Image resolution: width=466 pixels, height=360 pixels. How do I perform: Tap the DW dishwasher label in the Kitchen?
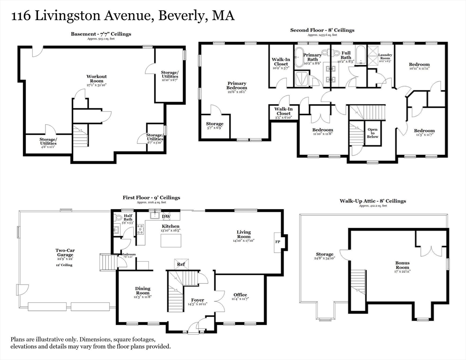click(x=165, y=217)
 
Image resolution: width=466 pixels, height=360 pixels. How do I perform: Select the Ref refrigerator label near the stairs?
click(x=180, y=264)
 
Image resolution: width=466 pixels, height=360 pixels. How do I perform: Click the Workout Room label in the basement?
click(x=97, y=79)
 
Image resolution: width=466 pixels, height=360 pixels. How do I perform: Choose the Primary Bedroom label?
click(x=236, y=86)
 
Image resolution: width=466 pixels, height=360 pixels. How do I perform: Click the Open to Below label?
click(x=372, y=134)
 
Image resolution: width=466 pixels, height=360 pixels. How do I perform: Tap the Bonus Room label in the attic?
click(x=402, y=266)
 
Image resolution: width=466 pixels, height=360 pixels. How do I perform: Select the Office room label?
click(x=240, y=295)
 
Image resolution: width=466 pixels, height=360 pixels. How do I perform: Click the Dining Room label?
click(x=143, y=291)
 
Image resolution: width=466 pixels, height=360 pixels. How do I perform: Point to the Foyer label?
click(x=197, y=300)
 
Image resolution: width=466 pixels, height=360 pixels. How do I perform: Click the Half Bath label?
click(x=128, y=217)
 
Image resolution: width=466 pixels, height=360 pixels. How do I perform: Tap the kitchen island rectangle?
click(x=171, y=240)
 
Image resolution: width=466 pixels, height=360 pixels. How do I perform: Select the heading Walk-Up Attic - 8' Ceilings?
click(x=373, y=201)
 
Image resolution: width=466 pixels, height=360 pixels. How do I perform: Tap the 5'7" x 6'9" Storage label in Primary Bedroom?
click(x=215, y=126)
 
